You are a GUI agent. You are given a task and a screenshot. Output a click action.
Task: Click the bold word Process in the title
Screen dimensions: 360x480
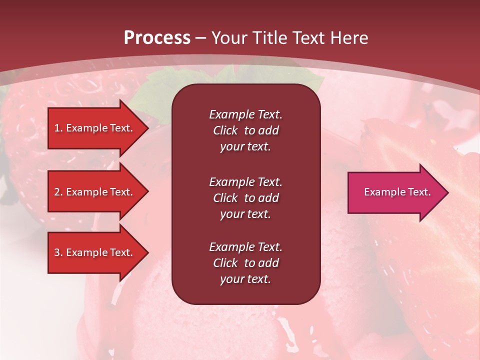(157, 38)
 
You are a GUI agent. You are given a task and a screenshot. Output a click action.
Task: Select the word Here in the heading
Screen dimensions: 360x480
(348, 38)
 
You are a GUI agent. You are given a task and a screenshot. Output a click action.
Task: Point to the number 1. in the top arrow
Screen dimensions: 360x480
(58, 128)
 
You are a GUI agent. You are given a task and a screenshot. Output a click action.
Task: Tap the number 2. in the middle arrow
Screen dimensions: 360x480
(58, 192)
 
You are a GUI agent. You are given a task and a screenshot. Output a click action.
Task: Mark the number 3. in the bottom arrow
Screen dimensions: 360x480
(58, 252)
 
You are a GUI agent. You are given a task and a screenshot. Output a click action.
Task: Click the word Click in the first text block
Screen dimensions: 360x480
(225, 130)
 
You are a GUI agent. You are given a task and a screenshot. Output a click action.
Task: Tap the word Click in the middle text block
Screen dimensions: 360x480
(225, 198)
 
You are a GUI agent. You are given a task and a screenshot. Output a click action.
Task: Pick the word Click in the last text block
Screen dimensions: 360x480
(225, 263)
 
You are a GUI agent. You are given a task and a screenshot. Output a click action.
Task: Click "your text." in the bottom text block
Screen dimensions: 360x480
(245, 279)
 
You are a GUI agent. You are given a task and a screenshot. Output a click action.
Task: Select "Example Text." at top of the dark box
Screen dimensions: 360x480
(245, 114)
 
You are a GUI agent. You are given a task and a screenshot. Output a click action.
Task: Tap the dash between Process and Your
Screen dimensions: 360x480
(201, 38)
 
